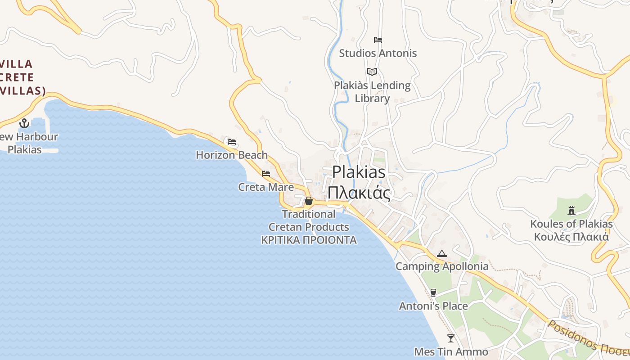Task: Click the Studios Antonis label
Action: coord(378,53)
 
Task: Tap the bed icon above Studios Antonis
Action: coord(378,40)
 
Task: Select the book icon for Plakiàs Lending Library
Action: coord(372,72)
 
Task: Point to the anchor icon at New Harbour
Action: coord(24,123)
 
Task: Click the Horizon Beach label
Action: coord(232,155)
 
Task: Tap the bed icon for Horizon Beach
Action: coord(232,142)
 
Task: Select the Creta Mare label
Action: coord(266,187)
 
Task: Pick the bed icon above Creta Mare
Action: coord(266,174)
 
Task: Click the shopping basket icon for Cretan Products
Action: coord(309,201)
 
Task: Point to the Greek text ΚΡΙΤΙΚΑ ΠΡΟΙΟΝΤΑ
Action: coord(309,240)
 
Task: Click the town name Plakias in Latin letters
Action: coord(359,172)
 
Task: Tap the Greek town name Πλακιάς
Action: coord(359,193)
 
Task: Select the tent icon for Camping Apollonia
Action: coord(442,253)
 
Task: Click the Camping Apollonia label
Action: coord(442,266)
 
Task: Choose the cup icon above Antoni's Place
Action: coord(433,293)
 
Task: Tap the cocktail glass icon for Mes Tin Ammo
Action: coord(451,338)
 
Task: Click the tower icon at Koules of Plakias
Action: coord(571,210)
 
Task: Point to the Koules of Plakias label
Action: coord(571,224)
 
